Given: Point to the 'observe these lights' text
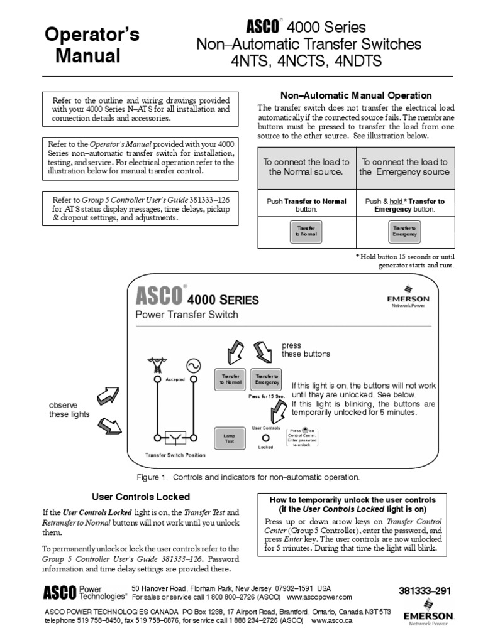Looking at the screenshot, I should coord(70,410).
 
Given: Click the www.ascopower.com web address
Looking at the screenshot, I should coord(319,597).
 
